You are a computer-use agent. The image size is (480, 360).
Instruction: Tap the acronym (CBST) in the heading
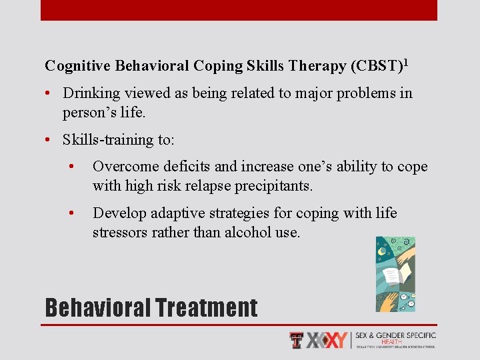(x=376, y=66)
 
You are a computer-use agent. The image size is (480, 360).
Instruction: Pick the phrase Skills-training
(x=109, y=140)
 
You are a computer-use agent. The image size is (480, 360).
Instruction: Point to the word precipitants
(x=274, y=185)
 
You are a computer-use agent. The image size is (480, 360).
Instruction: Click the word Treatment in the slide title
(x=205, y=308)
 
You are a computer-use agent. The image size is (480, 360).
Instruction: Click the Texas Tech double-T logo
(x=297, y=340)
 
